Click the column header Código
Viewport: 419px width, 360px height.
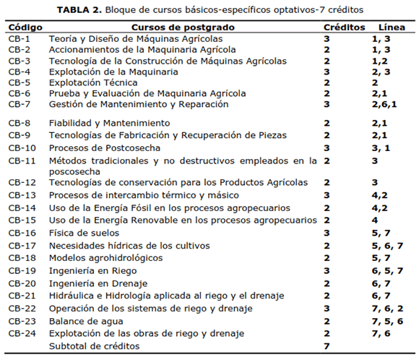coord(27,26)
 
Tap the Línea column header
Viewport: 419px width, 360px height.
coord(383,26)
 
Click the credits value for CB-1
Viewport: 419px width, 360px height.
coord(327,38)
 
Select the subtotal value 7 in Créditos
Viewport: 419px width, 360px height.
coord(327,346)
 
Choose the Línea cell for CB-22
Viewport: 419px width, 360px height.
coord(386,308)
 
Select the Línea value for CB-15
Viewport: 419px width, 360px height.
coord(375,220)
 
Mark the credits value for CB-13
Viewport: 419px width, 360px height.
coord(327,195)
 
